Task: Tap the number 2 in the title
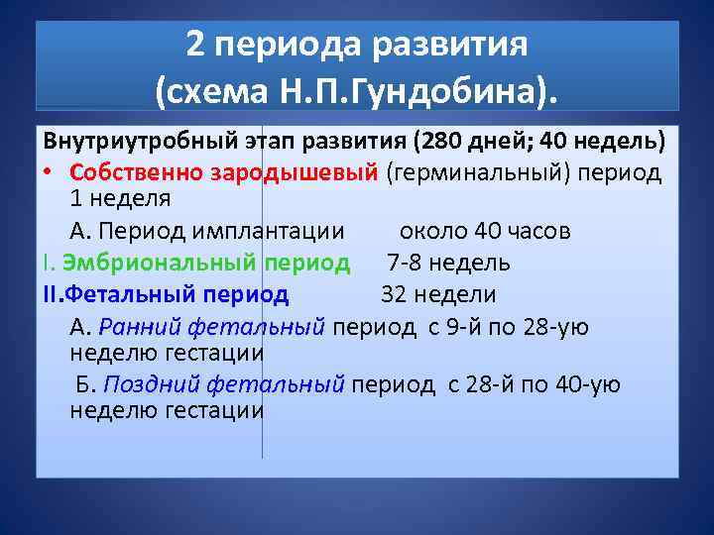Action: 195,45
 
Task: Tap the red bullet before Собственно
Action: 49,171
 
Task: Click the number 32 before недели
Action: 396,294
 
